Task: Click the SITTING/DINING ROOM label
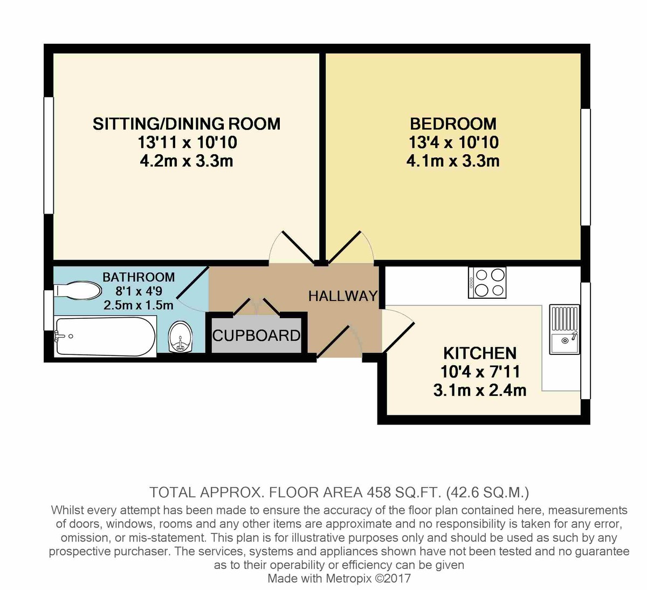[x=187, y=124]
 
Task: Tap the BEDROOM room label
[x=453, y=124]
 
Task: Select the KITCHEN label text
[x=479, y=353]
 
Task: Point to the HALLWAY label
[x=342, y=296]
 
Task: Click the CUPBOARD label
[x=256, y=335]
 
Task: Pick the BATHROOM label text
[x=139, y=277]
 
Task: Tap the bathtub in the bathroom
[x=105, y=337]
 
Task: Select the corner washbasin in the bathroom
[x=180, y=338]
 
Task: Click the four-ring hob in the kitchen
[x=487, y=283]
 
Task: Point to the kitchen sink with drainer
[x=564, y=329]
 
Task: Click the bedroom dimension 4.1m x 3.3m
[x=453, y=161]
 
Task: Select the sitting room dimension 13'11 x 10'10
[x=187, y=142]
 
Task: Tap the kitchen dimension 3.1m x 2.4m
[x=479, y=390]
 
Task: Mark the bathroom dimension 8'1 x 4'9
[x=139, y=291]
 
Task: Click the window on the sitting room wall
[x=49, y=155]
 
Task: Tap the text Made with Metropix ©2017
[x=339, y=579]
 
